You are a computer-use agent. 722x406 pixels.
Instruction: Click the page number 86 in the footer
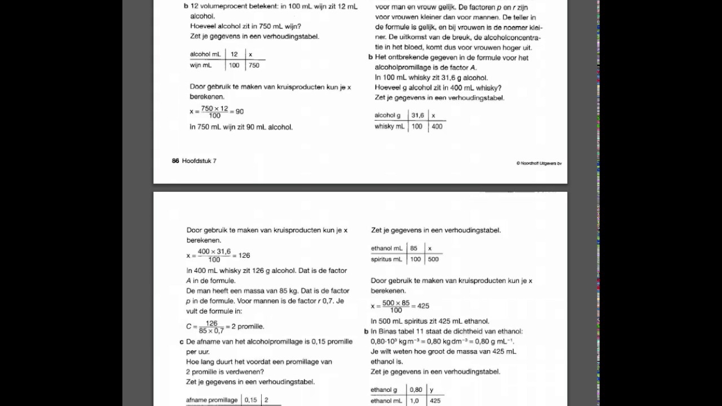point(175,161)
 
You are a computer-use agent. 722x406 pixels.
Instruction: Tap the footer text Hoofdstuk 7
point(199,161)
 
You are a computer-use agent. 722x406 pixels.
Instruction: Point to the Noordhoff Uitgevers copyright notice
point(539,164)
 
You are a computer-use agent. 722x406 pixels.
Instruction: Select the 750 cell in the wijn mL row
point(254,65)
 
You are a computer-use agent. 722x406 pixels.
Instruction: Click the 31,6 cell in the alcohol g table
point(417,116)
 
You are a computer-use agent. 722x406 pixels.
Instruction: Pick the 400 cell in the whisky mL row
point(437,127)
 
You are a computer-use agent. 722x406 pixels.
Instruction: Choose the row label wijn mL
point(201,65)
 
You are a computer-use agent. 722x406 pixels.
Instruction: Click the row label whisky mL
point(390,127)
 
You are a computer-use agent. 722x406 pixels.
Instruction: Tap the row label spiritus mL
point(386,259)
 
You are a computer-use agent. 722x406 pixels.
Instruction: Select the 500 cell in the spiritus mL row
point(433,259)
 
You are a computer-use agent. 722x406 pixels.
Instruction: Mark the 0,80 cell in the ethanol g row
point(416,390)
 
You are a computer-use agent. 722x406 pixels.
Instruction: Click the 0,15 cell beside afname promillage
point(250,400)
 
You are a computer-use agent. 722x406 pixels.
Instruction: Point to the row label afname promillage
point(212,400)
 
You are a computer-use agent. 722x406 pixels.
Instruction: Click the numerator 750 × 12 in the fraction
point(214,108)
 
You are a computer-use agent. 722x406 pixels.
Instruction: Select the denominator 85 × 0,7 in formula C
point(212,331)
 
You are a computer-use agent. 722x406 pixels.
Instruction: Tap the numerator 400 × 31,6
point(214,251)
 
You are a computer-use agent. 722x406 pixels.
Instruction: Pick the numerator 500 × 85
point(396,303)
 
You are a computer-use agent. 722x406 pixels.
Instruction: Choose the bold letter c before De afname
point(182,342)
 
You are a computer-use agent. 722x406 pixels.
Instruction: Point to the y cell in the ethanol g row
point(432,390)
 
